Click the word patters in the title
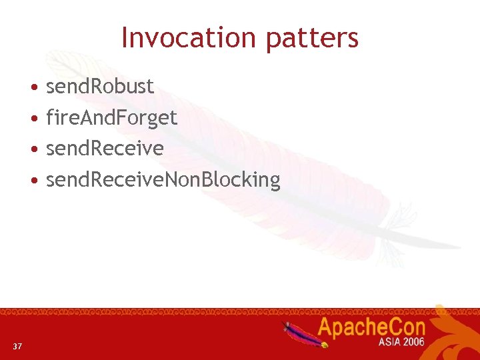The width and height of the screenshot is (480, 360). click(x=312, y=39)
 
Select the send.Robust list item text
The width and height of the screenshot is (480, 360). click(x=99, y=86)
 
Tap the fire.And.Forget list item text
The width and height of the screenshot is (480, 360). click(x=111, y=118)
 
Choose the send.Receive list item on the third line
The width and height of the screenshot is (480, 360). click(x=105, y=148)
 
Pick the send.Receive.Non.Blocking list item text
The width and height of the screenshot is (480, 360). click(x=163, y=179)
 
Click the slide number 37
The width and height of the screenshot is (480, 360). click(x=17, y=346)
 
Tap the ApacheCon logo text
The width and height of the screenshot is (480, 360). click(x=371, y=328)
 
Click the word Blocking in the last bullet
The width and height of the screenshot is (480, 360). click(x=247, y=179)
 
